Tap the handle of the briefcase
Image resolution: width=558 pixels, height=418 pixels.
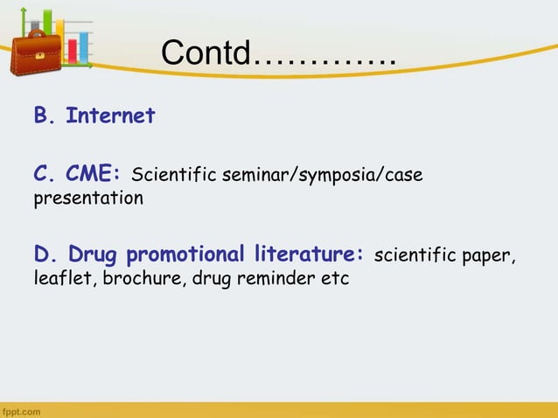click(36, 32)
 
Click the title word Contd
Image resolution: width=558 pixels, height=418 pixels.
click(206, 55)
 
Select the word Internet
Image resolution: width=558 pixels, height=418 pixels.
click(110, 115)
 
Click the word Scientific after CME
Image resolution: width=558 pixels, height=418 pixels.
click(172, 176)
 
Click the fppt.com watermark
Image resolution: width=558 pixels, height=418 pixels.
click(19, 410)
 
